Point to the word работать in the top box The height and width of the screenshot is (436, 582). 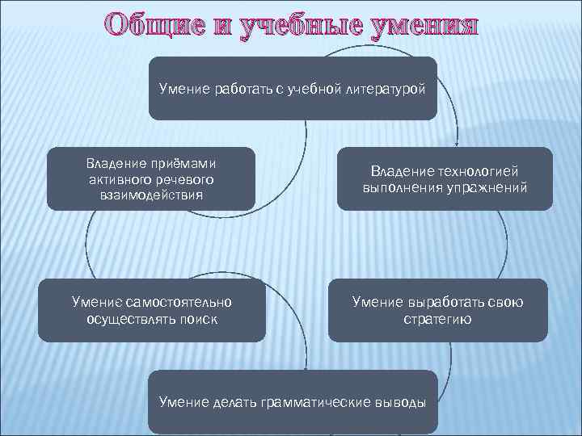242,88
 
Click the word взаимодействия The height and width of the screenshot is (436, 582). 151,195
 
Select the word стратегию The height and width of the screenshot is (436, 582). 438,319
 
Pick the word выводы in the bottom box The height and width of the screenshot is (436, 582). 401,401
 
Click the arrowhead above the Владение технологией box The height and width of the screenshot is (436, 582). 458,142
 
